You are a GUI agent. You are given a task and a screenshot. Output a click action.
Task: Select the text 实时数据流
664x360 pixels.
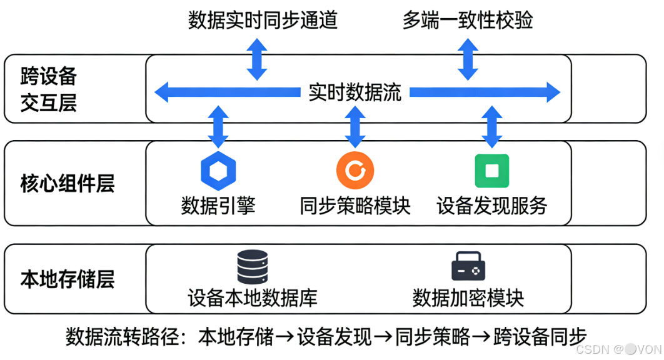tap(355, 92)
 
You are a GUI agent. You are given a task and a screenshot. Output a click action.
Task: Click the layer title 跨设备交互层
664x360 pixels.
tap(49, 89)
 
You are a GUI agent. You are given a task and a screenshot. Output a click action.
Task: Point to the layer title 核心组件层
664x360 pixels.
tap(68, 184)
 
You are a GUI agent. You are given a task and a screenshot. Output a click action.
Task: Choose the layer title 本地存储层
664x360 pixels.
tap(68, 279)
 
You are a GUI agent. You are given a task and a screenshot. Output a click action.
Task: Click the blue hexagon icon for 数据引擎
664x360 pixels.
tap(218, 170)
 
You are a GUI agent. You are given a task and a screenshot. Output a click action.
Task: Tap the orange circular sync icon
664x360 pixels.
tap(355, 170)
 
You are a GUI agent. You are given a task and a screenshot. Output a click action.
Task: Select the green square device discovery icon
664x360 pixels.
tap(492, 170)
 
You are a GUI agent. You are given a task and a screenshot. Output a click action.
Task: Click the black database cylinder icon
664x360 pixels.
tap(252, 267)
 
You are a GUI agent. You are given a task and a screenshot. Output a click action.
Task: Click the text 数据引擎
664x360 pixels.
tap(218, 206)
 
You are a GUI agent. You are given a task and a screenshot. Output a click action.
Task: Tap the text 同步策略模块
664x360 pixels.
tap(355, 206)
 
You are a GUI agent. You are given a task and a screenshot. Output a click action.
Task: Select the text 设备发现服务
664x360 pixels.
tap(492, 206)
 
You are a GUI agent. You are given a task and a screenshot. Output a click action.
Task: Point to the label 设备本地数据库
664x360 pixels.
tap(253, 297)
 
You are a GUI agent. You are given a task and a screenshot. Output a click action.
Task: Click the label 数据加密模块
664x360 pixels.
tap(468, 297)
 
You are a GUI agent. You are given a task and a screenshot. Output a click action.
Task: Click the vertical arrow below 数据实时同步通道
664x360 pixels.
tap(256, 58)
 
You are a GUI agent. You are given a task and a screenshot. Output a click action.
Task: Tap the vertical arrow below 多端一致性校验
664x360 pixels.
tap(468, 58)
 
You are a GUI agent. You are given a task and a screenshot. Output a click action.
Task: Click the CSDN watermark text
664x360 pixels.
tap(619, 349)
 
